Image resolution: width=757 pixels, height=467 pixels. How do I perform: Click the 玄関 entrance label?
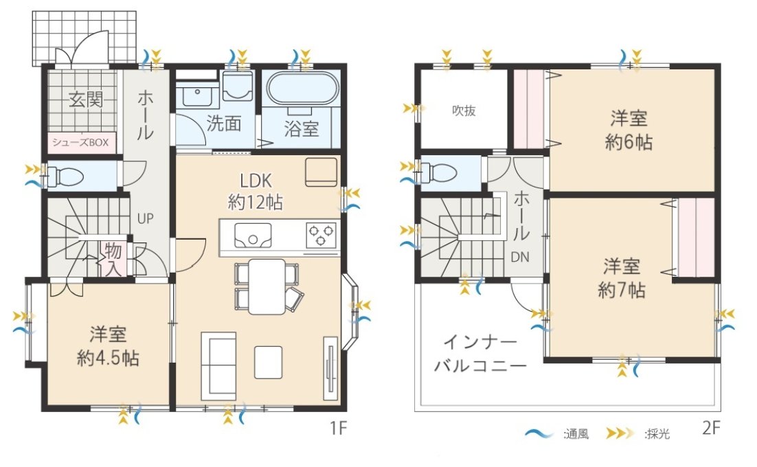point(86,100)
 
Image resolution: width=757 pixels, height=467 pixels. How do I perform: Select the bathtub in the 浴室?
point(302,89)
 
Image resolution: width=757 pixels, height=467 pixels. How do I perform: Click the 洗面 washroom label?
point(223,124)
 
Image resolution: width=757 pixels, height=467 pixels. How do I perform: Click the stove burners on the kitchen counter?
point(321,236)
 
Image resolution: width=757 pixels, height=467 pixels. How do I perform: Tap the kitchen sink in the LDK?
point(253,235)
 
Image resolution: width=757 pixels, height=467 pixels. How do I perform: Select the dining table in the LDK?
point(267,286)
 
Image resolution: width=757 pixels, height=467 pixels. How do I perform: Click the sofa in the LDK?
point(218,366)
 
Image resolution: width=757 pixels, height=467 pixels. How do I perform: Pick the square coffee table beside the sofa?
point(269,363)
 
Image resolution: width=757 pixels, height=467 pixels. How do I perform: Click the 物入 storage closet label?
point(113,260)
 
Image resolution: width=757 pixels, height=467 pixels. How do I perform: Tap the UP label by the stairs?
point(146,218)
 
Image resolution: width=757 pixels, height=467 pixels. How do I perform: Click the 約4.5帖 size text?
point(108,358)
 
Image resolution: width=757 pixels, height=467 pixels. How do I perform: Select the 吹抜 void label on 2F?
point(464,111)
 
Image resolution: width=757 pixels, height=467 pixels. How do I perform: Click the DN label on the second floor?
point(520,257)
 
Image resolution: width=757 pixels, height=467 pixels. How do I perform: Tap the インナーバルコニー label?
point(480,354)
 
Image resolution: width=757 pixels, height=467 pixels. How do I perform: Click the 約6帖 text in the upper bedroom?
point(629,142)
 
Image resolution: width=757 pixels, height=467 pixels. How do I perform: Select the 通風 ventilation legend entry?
point(557,434)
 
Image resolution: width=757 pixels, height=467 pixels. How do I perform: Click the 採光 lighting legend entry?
point(638,434)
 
